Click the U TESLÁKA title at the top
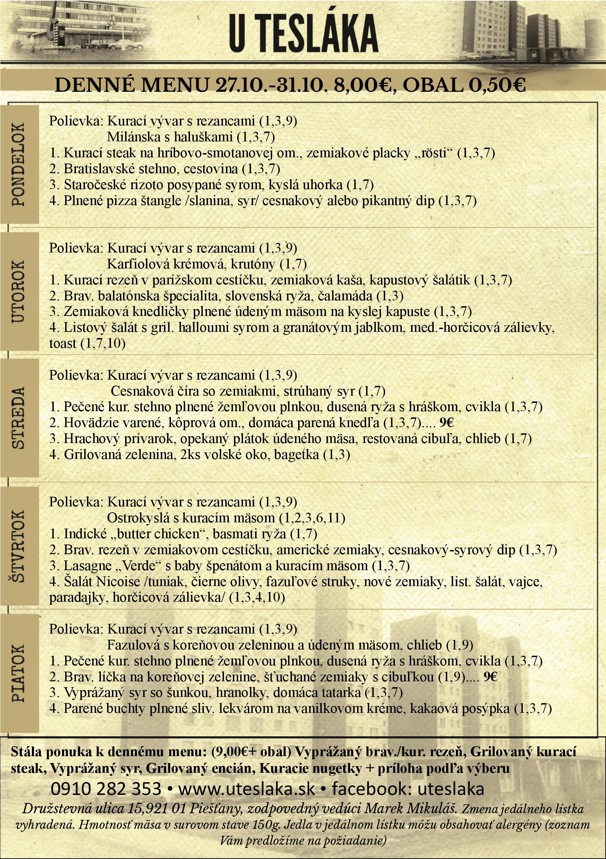click(303, 34)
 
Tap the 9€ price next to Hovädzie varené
click(447, 423)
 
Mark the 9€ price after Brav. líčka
click(490, 677)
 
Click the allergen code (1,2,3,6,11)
click(312, 518)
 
